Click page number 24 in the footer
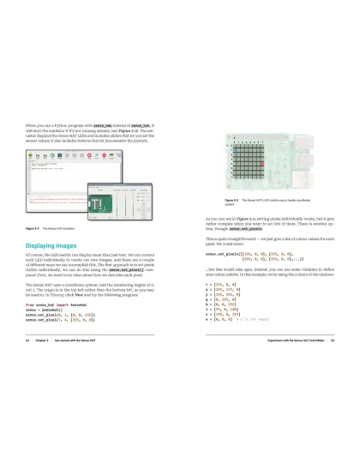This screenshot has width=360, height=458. (28, 365)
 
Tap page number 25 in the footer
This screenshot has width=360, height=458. (331, 365)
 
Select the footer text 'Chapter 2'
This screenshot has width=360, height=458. (49, 365)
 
